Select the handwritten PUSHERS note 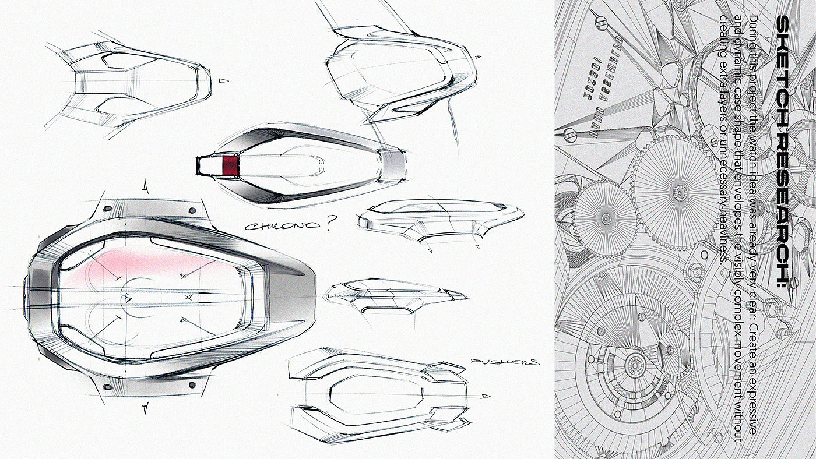coord(505,362)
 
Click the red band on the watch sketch coord(231,165)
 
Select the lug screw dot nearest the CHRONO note coord(192,209)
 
